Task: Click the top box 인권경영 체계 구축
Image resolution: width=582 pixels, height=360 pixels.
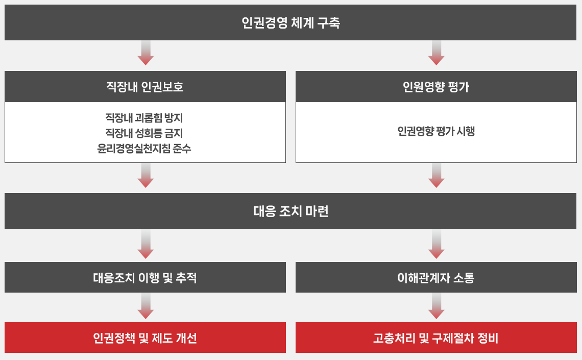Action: pos(290,22)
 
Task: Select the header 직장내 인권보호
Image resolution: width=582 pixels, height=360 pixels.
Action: pos(145,86)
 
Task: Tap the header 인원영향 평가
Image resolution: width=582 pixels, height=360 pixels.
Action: pos(436,86)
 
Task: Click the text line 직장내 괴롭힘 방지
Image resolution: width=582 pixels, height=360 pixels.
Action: pos(144,118)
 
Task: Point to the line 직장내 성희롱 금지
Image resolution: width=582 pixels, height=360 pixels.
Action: pos(144,133)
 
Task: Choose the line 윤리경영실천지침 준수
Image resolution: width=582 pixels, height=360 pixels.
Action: pos(144,149)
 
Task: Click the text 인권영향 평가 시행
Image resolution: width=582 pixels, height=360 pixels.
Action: pos(436,131)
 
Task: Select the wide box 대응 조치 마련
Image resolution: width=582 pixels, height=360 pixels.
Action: pos(290,211)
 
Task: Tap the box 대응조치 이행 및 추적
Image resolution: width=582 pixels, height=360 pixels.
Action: pos(145,277)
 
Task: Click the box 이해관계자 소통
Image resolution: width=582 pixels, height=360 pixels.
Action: pos(436,277)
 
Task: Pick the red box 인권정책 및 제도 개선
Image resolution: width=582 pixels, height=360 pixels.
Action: pos(145,338)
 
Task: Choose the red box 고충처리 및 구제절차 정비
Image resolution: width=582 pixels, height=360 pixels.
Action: pos(436,338)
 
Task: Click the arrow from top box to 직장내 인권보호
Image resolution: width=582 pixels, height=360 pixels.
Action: pos(145,53)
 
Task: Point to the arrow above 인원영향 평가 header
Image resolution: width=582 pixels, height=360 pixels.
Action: pos(436,53)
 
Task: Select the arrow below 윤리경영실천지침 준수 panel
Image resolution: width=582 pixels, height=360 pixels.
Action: pos(145,176)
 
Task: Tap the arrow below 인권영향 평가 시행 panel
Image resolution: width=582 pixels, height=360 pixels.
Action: pos(436,176)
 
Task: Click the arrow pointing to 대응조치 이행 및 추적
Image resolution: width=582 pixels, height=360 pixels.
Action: pos(145,244)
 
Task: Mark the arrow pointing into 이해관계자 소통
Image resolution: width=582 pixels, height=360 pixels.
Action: pos(436,244)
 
